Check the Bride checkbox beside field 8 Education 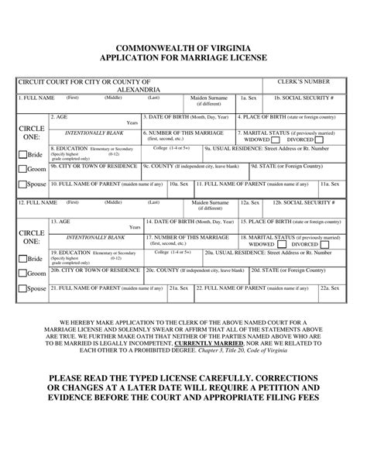22,153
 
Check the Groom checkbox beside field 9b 22,168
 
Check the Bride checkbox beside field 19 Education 22,258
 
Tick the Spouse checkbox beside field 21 22,289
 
